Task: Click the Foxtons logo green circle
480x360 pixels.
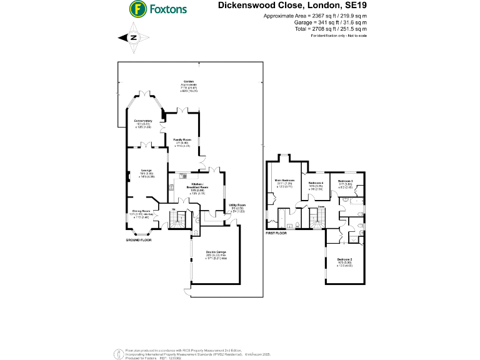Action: pyautogui.click(x=137, y=9)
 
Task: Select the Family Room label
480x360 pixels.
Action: pyautogui.click(x=182, y=139)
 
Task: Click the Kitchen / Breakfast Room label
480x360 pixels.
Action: pyautogui.click(x=197, y=184)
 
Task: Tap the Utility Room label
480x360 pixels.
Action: pyautogui.click(x=237, y=205)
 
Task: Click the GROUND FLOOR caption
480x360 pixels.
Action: pyautogui.click(x=138, y=240)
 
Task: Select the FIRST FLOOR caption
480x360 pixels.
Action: pyautogui.click(x=276, y=232)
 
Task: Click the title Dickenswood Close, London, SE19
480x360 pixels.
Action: pyautogui.click(x=292, y=6)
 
